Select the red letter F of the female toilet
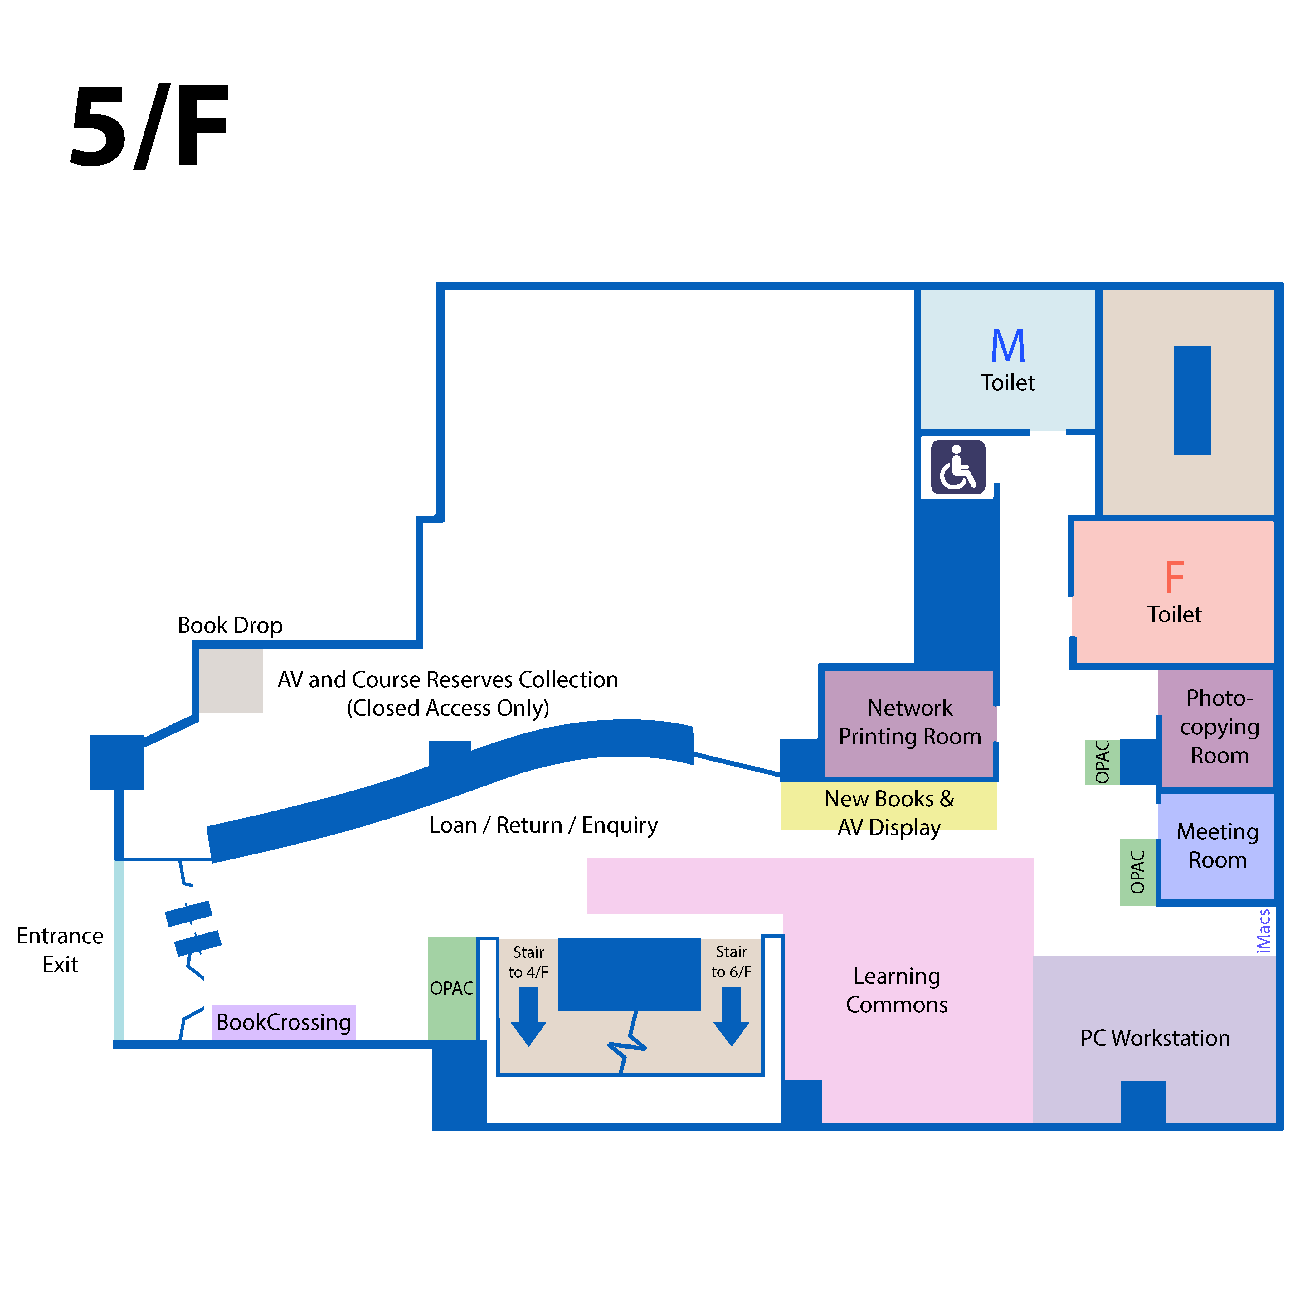pyautogui.click(x=1174, y=577)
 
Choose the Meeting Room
pyautogui.click(x=1217, y=846)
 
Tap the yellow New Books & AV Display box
pyautogui.click(x=888, y=806)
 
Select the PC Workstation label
pyautogui.click(x=1155, y=1038)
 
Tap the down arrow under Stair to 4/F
pyautogui.click(x=528, y=1016)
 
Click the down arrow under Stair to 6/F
pyautogui.click(x=731, y=1016)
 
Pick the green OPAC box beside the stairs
pyautogui.click(x=451, y=988)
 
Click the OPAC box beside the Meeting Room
pyautogui.click(x=1137, y=872)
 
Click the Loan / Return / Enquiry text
pyautogui.click(x=543, y=825)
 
